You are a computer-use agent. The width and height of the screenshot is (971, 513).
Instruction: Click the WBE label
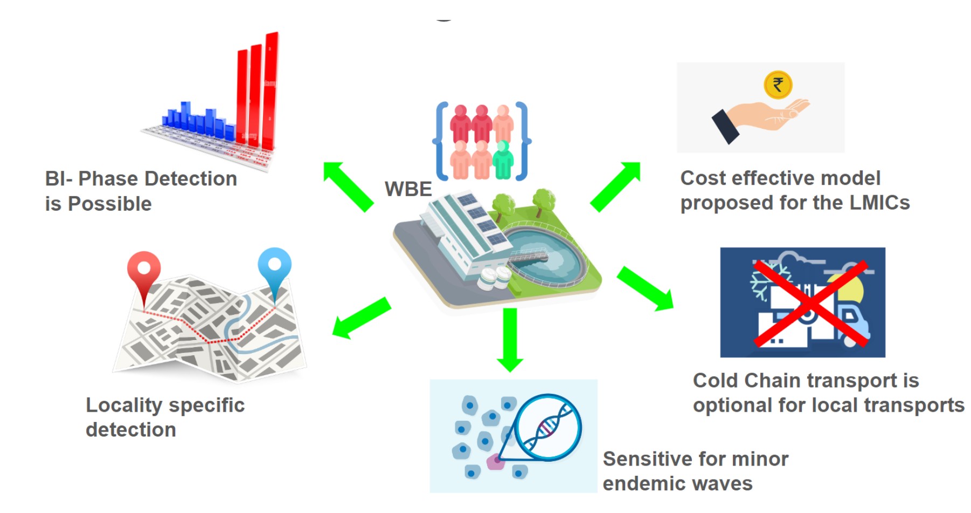click(408, 189)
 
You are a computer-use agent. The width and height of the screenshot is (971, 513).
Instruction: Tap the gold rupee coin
click(778, 85)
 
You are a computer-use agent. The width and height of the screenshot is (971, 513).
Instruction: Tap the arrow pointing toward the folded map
click(360, 318)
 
